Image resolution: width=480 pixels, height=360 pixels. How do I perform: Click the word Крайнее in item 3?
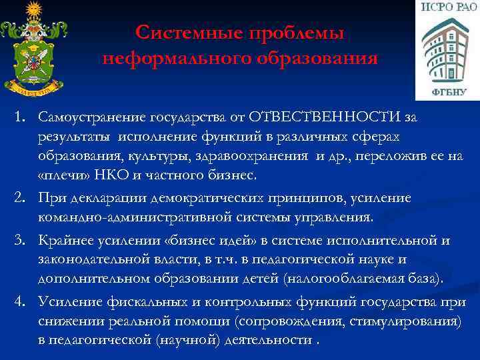tap(64, 241)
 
